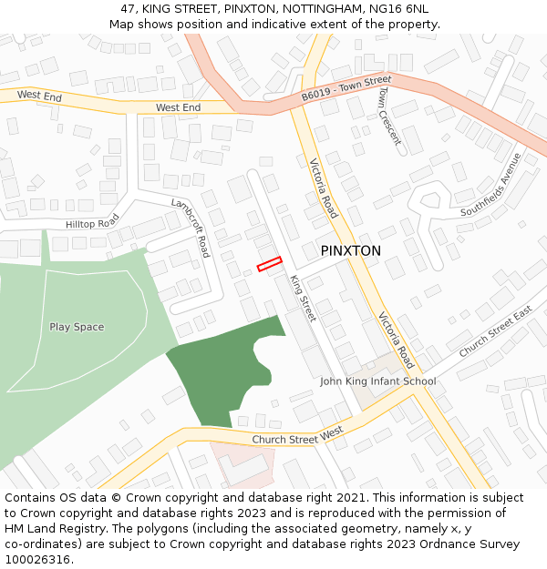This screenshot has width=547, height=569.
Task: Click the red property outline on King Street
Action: [269, 264]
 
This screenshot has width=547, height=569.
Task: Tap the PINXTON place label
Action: [350, 250]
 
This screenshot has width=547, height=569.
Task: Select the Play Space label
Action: [77, 327]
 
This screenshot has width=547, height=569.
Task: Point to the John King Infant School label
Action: [377, 381]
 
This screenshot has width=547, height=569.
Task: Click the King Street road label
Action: [302, 299]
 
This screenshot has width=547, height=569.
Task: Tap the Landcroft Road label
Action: [191, 228]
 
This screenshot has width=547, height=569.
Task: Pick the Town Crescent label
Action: [389, 116]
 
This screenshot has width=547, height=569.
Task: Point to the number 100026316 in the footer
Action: [36, 559]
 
